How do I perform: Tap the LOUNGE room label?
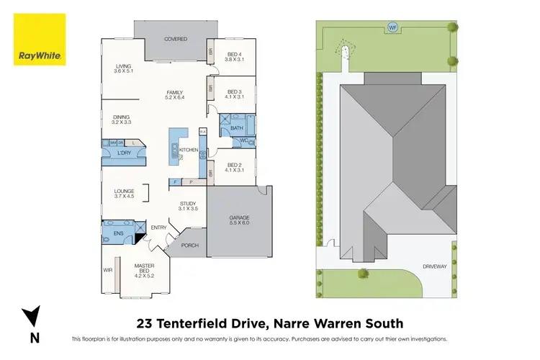tap(125, 192)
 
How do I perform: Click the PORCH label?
tap(189, 246)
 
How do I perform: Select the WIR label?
tap(109, 271)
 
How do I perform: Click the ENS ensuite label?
tap(108, 233)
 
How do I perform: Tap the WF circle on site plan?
tap(392, 27)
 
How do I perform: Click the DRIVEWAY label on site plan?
tap(436, 264)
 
